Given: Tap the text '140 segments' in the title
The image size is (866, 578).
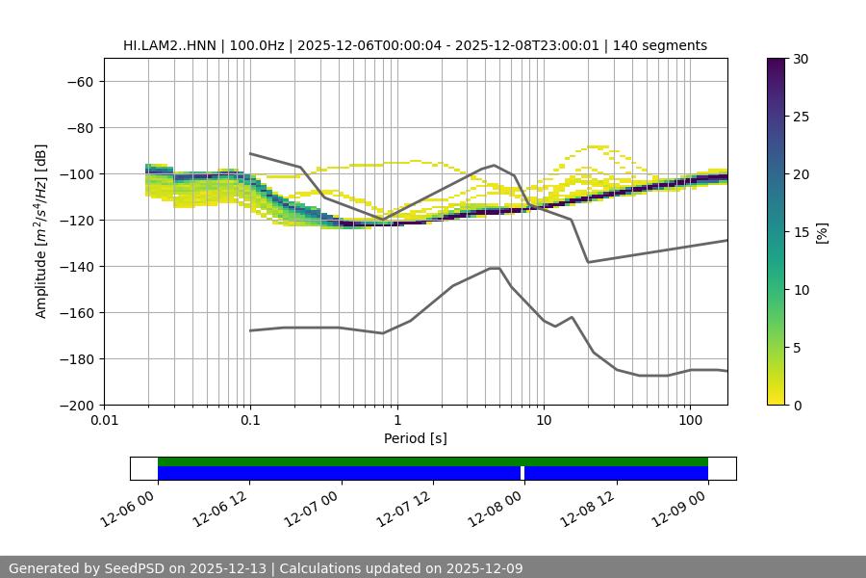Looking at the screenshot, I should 663,45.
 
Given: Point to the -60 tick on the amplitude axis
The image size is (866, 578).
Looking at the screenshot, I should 79,81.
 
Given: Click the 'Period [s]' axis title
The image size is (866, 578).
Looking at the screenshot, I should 416,438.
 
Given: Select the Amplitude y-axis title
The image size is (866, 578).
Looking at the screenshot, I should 41,231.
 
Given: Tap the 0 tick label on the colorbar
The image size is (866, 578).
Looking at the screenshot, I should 798,405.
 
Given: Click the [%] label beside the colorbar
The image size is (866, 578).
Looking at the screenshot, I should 821,232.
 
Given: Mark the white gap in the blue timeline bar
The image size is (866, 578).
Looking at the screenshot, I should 522,473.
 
